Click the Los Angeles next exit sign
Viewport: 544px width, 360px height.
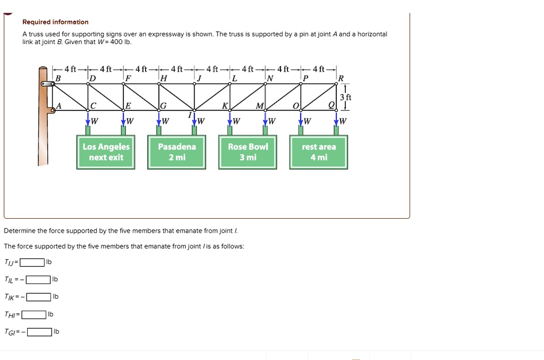[x=106, y=152]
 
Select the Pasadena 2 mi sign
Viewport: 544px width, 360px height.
[x=177, y=152]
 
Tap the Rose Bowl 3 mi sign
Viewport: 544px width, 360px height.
[x=248, y=152]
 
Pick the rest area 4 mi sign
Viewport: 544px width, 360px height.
[x=319, y=152]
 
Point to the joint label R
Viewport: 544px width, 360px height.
[x=341, y=79]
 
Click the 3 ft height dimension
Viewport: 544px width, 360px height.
[x=345, y=97]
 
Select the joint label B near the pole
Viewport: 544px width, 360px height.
[x=58, y=79]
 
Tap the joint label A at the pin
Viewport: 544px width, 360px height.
[x=59, y=106]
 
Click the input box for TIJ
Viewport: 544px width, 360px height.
[x=32, y=262]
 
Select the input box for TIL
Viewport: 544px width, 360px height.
[x=38, y=279]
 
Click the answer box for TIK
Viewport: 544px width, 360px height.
[x=39, y=296]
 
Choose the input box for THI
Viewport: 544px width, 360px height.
[x=33, y=314]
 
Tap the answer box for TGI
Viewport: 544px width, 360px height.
[x=39, y=332]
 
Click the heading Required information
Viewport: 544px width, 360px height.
[x=55, y=22]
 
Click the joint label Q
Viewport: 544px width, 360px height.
[x=331, y=105]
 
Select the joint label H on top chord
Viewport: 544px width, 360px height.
[x=163, y=79]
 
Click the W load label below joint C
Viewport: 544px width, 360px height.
[x=95, y=121]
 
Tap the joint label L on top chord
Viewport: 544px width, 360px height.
[x=234, y=79]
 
